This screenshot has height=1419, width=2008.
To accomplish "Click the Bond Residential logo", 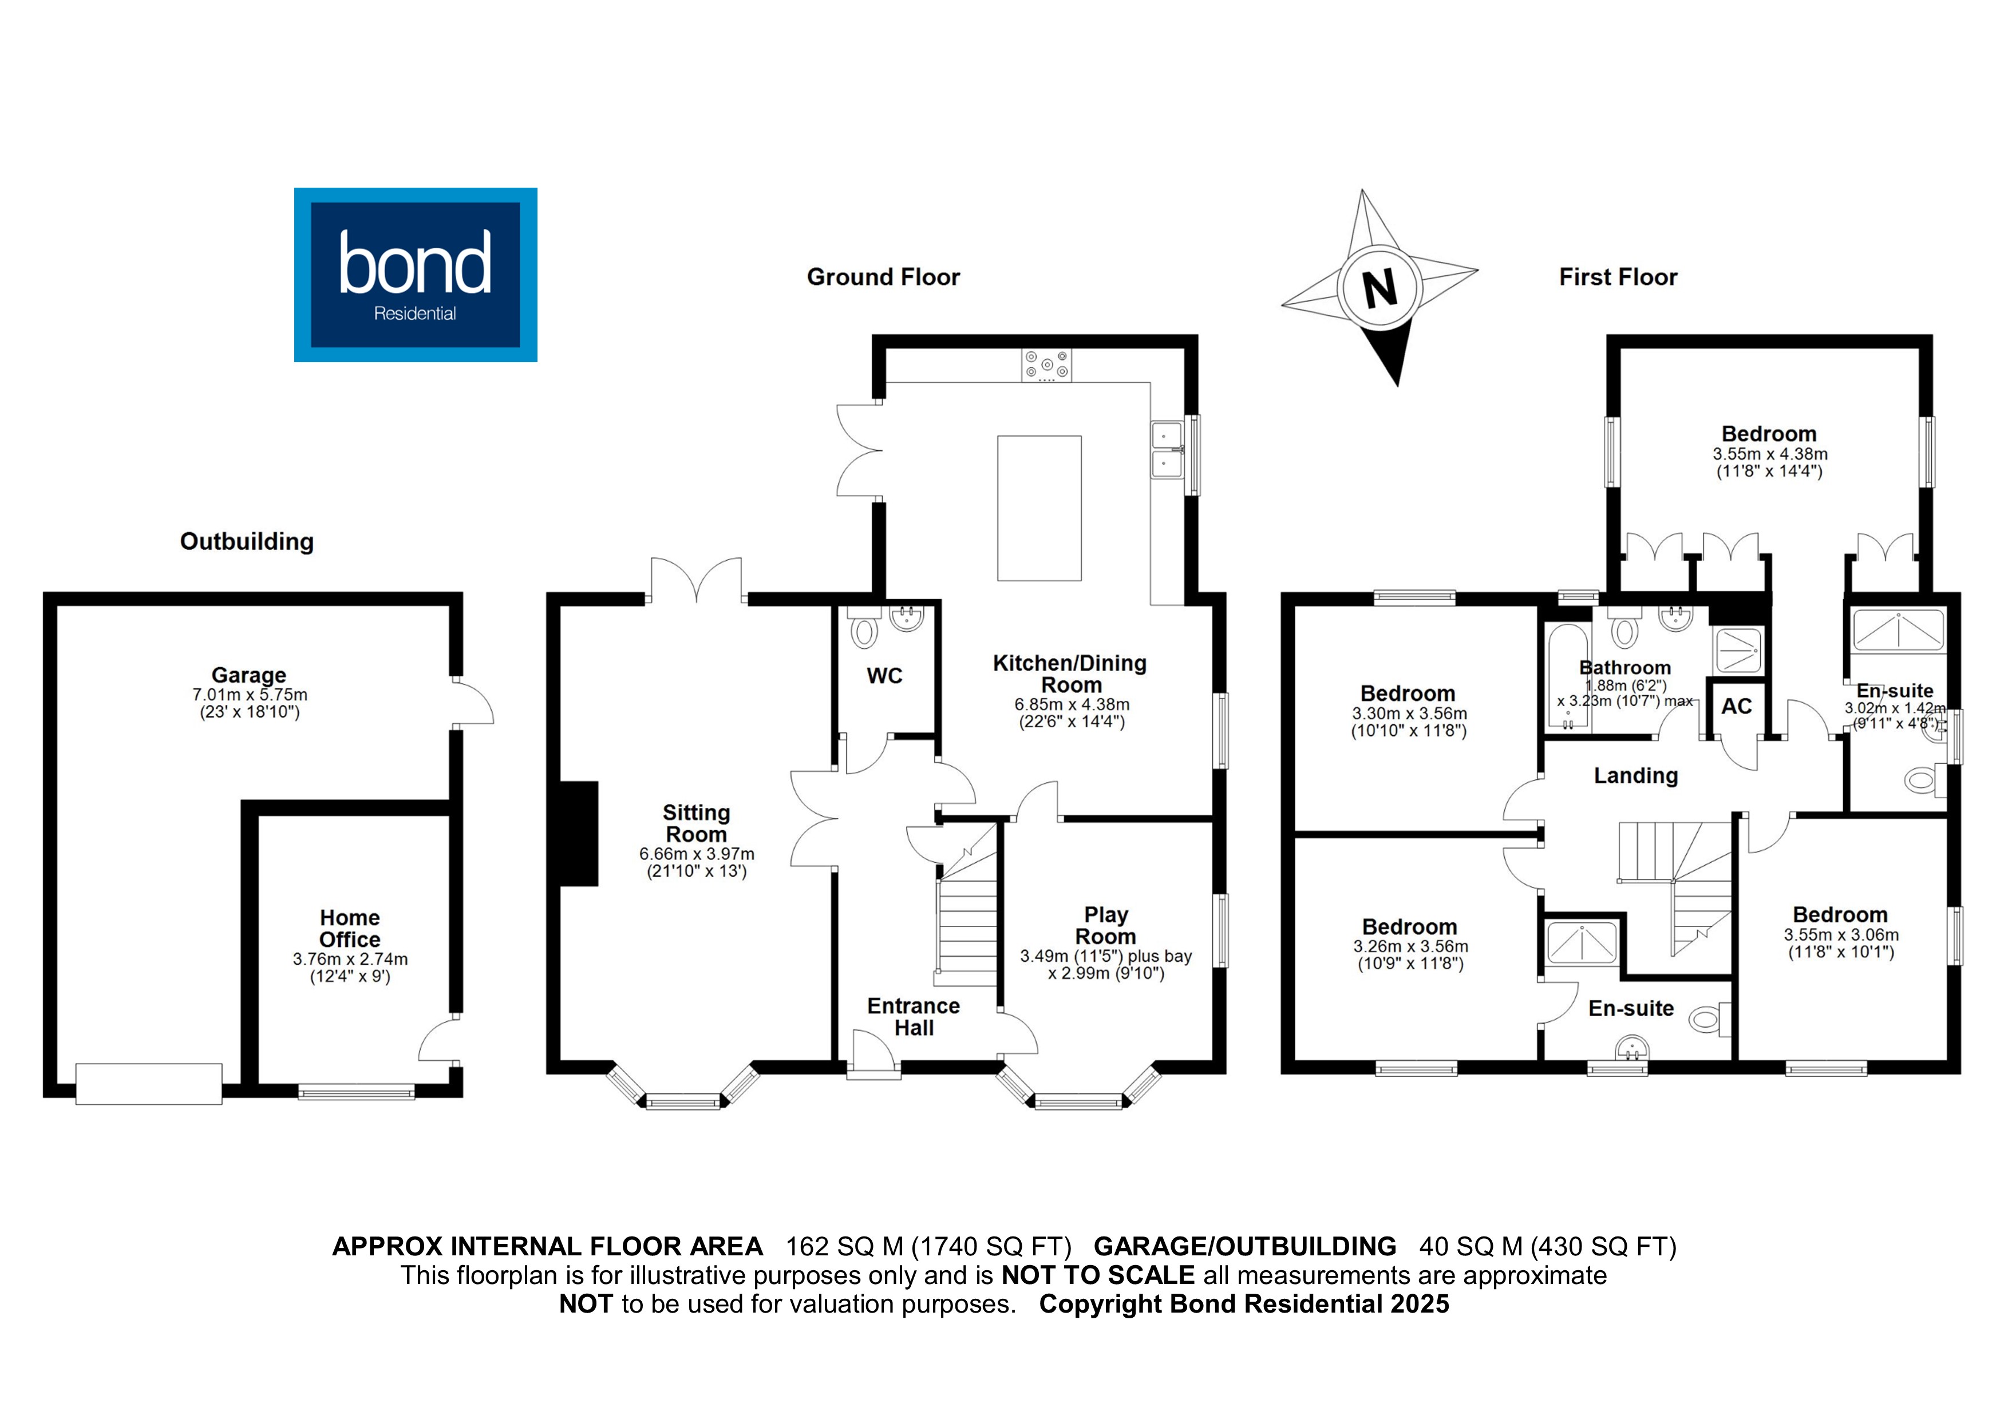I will coord(416,275).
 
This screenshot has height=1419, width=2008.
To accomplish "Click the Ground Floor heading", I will coord(883,277).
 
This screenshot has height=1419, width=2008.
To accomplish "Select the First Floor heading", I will coord(1618,277).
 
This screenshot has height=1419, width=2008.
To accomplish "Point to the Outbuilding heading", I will coord(247,542).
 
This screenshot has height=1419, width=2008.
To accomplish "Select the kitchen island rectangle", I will coord(1039,508).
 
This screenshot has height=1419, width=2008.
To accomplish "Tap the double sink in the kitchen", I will coord(1167,449).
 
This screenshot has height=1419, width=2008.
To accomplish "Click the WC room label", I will coord(884,676).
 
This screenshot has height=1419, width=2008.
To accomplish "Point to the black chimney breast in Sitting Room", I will coord(578,833).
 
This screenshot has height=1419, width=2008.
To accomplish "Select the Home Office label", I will coord(350,929).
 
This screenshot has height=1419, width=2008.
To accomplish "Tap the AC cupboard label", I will coord(1736,707).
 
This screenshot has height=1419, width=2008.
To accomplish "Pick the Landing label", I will coord(1635,775).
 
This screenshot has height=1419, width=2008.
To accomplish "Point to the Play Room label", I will coord(1105,925).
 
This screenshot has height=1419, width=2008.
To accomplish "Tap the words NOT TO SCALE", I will coord(1097,1275).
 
